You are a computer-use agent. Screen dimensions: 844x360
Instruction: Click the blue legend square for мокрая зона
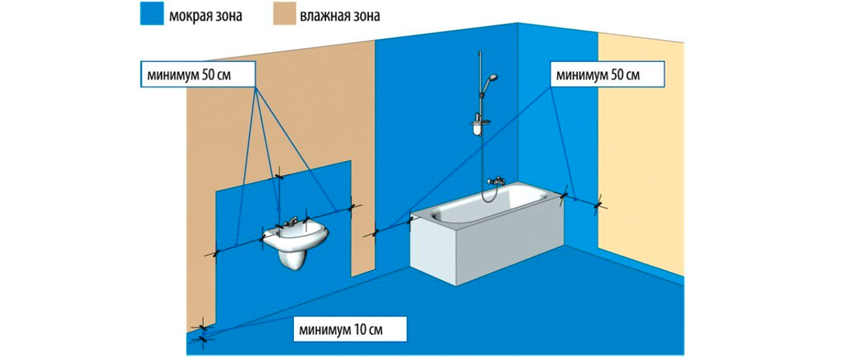pyautogui.click(x=151, y=15)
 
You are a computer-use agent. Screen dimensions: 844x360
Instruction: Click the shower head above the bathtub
pyautogui.click(x=494, y=78)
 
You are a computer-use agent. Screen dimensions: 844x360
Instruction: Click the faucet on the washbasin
pyautogui.click(x=289, y=223)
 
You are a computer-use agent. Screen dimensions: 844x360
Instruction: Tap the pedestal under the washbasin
pyautogui.click(x=290, y=259)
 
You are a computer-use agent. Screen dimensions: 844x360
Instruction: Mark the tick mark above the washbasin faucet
pyautogui.click(x=280, y=172)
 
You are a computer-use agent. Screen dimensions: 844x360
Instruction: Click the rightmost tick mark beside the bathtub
pyautogui.click(x=599, y=205)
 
